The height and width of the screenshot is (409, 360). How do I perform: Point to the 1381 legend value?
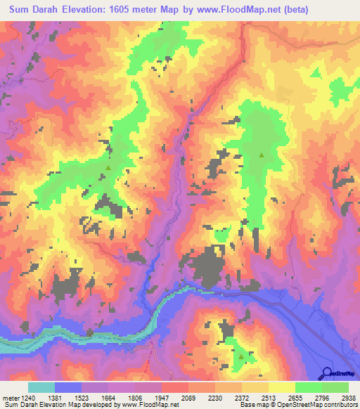[x=67, y=398]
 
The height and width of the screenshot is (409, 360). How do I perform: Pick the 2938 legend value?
[x=349, y=398]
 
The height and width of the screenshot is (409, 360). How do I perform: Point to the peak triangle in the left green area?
[x=108, y=167]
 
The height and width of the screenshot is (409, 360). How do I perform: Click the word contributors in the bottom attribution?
[x=340, y=405]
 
